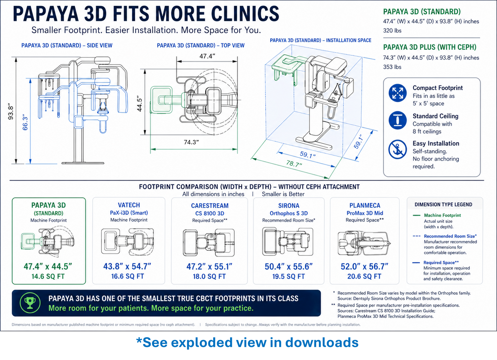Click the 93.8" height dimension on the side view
(x=11, y=111)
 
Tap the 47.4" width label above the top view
(x=207, y=56)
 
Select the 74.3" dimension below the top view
(x=191, y=142)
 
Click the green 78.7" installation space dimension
(x=294, y=164)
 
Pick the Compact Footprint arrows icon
(x=398, y=93)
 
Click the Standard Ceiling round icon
(x=398, y=120)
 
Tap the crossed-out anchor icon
(x=398, y=149)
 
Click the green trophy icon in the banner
(x=30, y=303)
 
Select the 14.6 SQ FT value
(x=48, y=276)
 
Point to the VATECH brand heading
(x=129, y=205)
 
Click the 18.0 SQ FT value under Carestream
(x=209, y=276)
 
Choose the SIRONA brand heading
(x=289, y=206)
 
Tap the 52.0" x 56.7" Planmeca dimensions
(x=365, y=266)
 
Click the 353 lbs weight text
(x=392, y=67)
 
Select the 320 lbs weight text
(x=392, y=31)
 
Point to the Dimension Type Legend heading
(x=443, y=205)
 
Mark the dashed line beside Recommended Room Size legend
(x=417, y=236)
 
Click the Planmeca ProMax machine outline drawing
(x=364, y=243)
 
